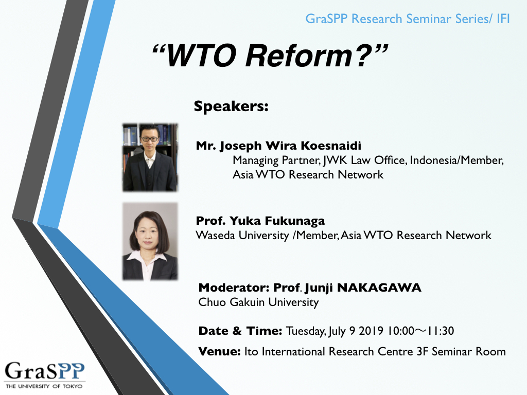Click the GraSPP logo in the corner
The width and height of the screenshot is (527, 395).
pos(44,375)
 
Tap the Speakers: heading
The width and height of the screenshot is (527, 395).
pos(231,106)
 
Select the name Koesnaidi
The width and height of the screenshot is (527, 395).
pos(331,146)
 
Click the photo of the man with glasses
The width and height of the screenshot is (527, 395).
pos(150,157)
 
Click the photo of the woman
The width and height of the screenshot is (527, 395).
pos(150,241)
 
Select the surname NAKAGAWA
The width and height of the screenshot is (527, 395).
pos(379,288)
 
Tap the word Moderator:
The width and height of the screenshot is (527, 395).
pos(234,288)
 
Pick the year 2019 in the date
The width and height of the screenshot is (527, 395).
pos(371,331)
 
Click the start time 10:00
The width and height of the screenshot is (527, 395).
pos(401,331)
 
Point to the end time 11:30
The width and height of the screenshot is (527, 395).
pos(441,331)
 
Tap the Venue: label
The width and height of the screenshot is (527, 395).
pos(219,351)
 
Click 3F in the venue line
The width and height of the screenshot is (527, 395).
pos(423,351)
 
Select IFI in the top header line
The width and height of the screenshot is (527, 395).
pos(503,19)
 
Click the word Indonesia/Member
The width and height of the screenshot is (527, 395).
pos(457,160)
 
